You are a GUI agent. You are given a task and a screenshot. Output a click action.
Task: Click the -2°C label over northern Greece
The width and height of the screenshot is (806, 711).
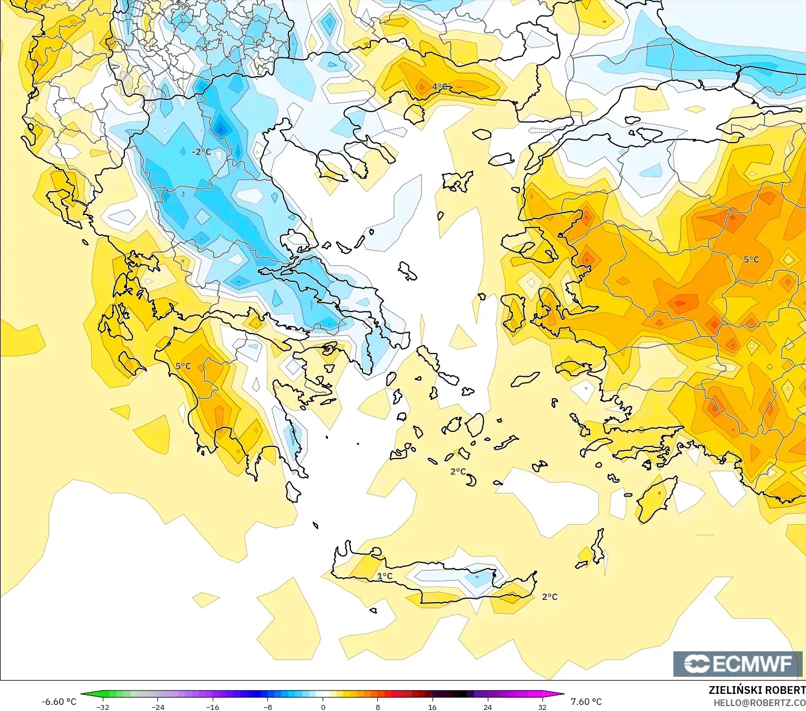point(202,152)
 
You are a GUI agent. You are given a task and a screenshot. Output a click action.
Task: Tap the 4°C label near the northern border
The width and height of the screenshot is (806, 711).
point(440,87)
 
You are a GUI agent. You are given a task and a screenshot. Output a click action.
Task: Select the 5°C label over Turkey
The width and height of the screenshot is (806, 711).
point(751,260)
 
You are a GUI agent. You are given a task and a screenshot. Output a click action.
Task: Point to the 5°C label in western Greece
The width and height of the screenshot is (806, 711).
point(183,366)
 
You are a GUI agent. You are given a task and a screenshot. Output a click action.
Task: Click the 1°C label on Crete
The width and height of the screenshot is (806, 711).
point(385,576)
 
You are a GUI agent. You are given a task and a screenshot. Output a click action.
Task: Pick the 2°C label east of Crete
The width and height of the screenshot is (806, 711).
point(550,597)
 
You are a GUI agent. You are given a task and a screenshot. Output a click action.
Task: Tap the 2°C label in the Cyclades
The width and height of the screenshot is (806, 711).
point(458,471)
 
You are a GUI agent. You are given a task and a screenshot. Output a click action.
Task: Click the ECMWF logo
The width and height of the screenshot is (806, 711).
point(737,663)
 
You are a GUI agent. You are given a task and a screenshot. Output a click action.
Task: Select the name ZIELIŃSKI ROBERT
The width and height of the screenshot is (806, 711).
point(757,690)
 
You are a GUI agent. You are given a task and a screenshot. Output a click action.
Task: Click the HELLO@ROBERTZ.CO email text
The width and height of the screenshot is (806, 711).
point(759,703)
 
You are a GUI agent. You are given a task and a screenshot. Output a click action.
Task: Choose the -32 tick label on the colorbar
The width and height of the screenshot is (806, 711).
point(103,707)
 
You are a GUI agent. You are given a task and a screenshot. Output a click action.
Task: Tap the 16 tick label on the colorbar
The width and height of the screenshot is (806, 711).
point(433,707)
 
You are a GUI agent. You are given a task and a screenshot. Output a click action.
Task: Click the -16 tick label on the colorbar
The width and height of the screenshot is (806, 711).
point(213,707)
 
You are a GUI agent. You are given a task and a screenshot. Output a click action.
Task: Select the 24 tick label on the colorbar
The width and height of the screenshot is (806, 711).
point(487,707)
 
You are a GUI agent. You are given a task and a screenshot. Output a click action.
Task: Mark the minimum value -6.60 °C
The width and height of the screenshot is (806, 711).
point(59,702)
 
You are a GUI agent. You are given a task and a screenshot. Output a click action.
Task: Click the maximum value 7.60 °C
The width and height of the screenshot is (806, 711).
point(586,702)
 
